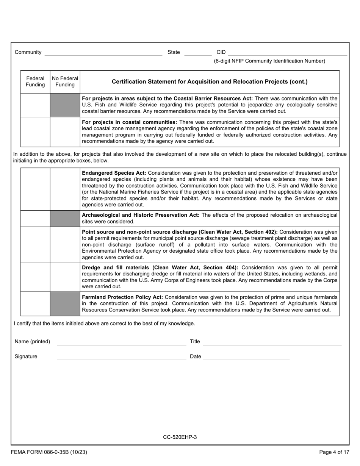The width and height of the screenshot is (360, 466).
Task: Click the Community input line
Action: tap(103, 53)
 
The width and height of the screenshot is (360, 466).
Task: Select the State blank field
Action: tap(197, 53)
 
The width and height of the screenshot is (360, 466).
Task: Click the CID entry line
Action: tap(287, 53)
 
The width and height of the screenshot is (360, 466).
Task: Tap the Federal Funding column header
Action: tap(35, 81)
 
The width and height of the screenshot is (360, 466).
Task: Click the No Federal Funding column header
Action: tap(65, 81)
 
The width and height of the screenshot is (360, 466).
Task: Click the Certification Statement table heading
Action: tap(210, 81)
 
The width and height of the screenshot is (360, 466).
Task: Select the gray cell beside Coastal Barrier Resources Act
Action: tap(65, 105)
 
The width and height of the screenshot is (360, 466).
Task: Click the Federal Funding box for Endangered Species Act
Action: tap(35, 189)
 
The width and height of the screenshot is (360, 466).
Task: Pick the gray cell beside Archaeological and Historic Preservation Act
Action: tap(65, 218)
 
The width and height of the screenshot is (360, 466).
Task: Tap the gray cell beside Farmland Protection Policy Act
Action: tap(65, 303)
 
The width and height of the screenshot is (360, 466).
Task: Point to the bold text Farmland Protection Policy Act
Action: tap(122, 297)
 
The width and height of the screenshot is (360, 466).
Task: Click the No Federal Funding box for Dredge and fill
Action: tap(65, 277)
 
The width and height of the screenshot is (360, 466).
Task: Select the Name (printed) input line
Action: tap(121, 342)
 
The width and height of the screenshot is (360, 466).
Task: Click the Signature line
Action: tap(121, 357)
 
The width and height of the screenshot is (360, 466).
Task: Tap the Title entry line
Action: tap(272, 342)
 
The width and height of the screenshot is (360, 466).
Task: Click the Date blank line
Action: tap(246, 357)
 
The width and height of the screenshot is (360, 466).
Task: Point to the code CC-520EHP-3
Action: tap(180, 437)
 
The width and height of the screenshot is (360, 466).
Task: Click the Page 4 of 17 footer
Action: tap(334, 452)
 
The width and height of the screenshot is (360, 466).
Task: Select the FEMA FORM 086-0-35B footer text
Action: tap(47, 452)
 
